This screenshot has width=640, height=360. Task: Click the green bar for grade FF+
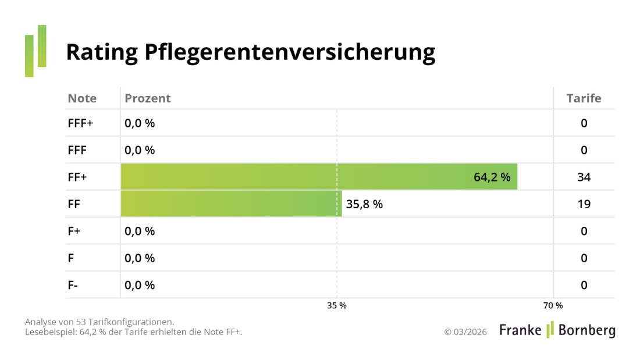(x=319, y=177)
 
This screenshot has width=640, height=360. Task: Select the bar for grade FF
(x=231, y=204)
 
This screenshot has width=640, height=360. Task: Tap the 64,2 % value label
(x=492, y=177)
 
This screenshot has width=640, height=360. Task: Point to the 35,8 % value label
(x=364, y=204)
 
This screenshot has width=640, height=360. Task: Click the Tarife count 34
(x=584, y=177)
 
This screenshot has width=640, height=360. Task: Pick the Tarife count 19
(x=584, y=204)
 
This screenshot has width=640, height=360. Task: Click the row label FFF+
(x=80, y=123)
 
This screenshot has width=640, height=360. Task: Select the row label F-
(x=73, y=285)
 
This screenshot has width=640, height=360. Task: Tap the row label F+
(x=74, y=231)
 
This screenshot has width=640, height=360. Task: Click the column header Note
(x=82, y=98)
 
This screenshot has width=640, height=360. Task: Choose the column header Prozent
(x=147, y=98)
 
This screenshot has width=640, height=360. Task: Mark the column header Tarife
(x=584, y=98)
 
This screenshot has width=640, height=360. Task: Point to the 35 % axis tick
(x=336, y=305)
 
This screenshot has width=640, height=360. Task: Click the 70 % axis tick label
(x=553, y=305)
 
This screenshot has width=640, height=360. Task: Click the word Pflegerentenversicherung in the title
(x=289, y=52)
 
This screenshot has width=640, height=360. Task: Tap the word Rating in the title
(x=101, y=52)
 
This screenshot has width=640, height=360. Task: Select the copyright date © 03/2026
(x=465, y=332)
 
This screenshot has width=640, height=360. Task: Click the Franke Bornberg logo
(x=557, y=330)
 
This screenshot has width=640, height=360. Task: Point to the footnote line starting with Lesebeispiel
(x=133, y=332)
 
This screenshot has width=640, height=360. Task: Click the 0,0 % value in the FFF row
(x=140, y=150)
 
